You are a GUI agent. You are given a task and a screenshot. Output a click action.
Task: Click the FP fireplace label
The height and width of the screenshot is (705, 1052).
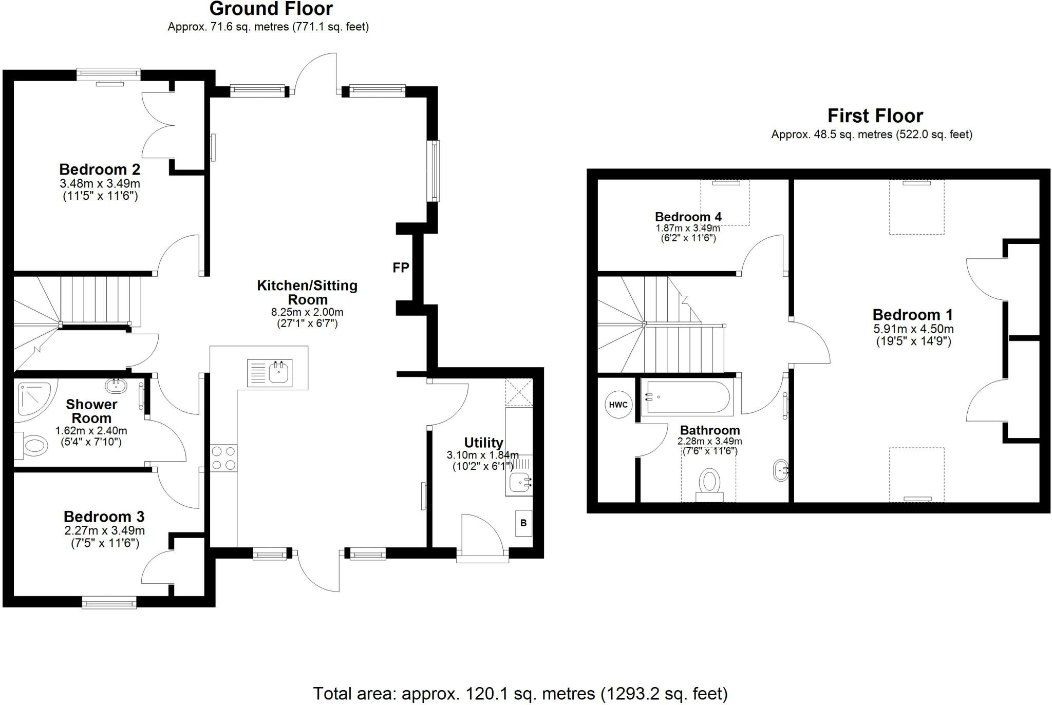[x=401, y=268]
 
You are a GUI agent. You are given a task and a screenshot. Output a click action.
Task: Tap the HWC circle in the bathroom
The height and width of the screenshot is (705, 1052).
[x=618, y=405]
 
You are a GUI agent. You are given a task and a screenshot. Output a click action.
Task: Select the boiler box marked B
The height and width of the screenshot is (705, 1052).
[x=523, y=523]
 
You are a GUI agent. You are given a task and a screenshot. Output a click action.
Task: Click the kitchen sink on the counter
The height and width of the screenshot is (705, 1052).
[x=270, y=373]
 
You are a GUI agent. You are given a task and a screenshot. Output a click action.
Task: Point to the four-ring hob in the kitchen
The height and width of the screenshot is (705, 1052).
[x=223, y=458]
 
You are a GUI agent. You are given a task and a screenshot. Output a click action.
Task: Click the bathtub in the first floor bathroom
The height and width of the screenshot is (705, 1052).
[x=687, y=397]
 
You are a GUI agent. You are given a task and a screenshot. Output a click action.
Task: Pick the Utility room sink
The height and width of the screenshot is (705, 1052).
[x=519, y=483]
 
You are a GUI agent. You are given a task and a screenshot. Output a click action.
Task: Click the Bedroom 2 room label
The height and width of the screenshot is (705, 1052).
[x=100, y=169]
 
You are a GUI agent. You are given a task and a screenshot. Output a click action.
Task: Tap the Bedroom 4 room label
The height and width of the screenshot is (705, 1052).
[x=688, y=217]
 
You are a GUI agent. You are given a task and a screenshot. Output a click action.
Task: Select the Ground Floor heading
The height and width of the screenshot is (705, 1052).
[x=271, y=9]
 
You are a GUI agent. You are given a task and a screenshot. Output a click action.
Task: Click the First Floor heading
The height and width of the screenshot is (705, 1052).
[x=875, y=116]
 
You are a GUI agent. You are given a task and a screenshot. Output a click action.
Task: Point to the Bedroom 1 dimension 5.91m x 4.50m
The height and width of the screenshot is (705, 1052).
[x=913, y=329]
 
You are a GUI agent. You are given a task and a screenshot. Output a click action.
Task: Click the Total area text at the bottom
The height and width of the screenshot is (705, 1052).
[x=520, y=694]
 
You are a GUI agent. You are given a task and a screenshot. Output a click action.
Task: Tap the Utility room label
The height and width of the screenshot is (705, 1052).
[x=483, y=443]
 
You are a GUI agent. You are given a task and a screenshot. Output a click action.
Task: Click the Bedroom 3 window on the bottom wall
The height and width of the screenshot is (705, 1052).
[x=109, y=602]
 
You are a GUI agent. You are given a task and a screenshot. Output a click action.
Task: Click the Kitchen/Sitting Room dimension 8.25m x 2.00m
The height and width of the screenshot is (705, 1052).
[x=307, y=312]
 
